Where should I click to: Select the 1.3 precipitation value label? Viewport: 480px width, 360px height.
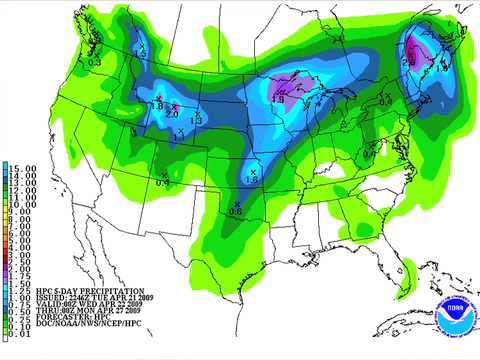pyautogui.click(x=195, y=120)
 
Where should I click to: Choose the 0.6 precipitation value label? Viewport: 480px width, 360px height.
pyautogui.click(x=235, y=211)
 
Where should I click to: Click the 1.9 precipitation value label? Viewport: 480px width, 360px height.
pyautogui.click(x=277, y=99)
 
